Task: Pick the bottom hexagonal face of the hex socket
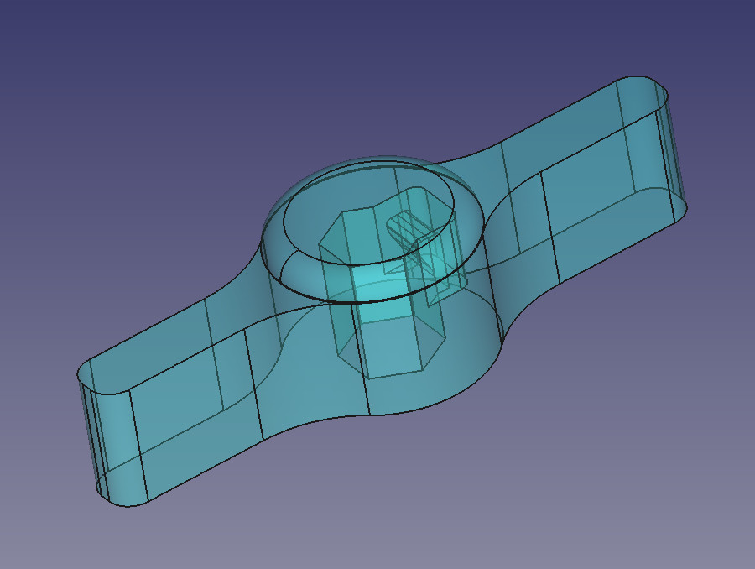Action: coord(394,357)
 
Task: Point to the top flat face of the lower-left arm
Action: coord(168,352)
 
